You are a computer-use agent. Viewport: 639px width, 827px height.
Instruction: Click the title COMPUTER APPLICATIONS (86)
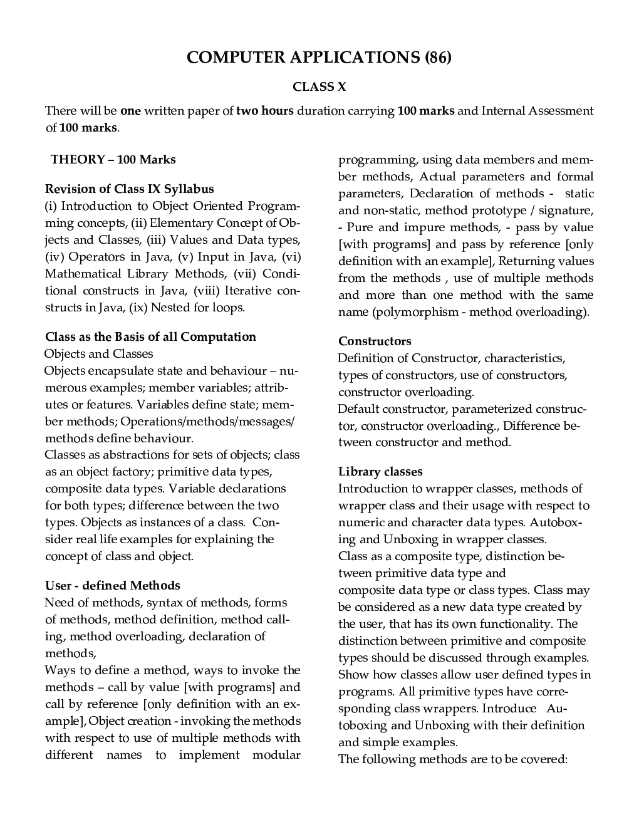click(x=319, y=57)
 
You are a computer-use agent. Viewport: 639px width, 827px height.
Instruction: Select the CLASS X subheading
click(x=319, y=87)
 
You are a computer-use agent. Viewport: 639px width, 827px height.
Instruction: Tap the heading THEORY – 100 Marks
click(x=113, y=159)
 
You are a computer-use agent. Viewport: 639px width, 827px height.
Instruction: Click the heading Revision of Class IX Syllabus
click(x=129, y=189)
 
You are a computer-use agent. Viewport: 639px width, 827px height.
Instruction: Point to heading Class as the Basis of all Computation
click(x=150, y=336)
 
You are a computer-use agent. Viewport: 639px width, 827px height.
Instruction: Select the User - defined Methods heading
click(x=112, y=585)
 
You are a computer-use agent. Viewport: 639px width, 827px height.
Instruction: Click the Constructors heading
click(x=375, y=341)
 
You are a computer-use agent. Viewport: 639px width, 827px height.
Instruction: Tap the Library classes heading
click(x=380, y=471)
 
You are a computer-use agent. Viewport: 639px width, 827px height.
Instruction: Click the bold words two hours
click(x=264, y=111)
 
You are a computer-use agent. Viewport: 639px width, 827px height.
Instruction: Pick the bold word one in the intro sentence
click(x=130, y=111)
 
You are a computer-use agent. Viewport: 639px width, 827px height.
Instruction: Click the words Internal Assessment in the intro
click(x=537, y=111)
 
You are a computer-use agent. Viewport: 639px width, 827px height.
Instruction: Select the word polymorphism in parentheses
click(x=415, y=311)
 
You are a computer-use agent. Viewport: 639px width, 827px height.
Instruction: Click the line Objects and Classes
click(x=98, y=353)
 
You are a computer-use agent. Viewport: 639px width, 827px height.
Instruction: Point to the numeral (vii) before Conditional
click(x=245, y=274)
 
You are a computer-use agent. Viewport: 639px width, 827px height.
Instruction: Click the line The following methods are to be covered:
click(x=452, y=759)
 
